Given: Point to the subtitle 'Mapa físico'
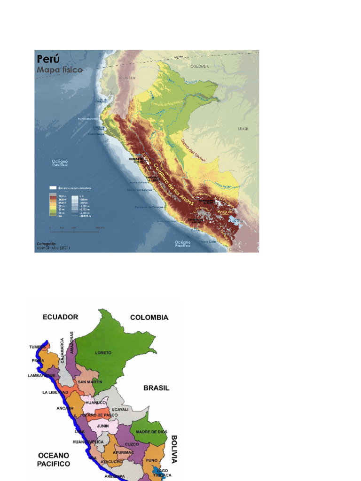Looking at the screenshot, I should pos(60,70).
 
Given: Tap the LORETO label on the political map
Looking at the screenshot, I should pos(103,353).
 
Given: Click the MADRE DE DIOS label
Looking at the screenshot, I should pos(151,431).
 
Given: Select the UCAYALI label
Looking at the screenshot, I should pos(120,409).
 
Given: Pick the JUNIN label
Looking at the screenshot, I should pos(103,426).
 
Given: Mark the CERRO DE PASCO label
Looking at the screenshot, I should pos(99,415).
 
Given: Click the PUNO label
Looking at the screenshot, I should pos(152,460).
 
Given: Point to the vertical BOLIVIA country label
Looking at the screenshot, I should pos(174,449).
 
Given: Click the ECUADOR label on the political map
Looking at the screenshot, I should pos(60,317).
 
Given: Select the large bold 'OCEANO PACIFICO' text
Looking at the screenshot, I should pos(53,459).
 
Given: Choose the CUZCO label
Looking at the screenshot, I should pos(132,444).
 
